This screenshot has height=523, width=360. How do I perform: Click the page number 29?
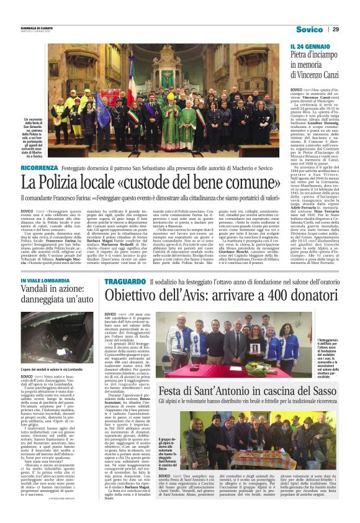(335, 29)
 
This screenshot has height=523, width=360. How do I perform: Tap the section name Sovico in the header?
(309, 29)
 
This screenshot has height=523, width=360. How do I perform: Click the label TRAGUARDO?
(125, 281)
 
